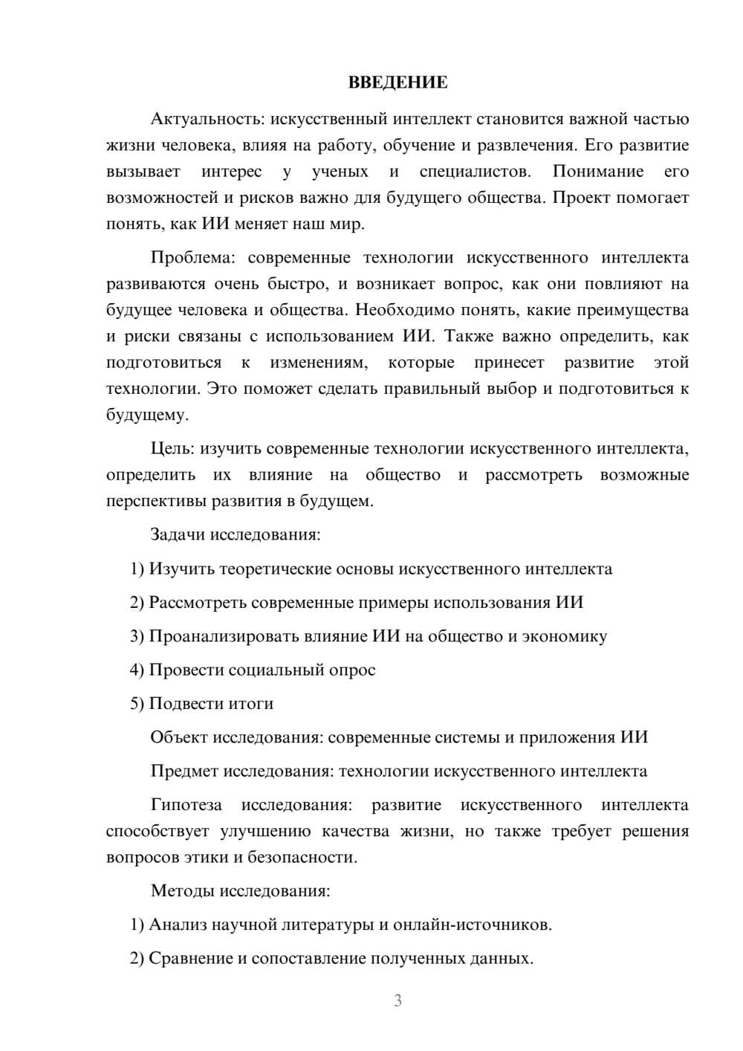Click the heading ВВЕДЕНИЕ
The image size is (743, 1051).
(x=398, y=83)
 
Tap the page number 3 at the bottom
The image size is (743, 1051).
(x=398, y=1000)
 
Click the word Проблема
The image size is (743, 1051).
(x=192, y=258)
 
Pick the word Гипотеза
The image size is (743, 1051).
(x=186, y=805)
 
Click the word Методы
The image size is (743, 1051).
(x=183, y=890)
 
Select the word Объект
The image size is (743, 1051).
(x=179, y=737)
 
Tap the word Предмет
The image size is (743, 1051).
(x=184, y=771)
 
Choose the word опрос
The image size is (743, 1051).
(x=352, y=670)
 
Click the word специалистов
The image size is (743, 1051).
(x=475, y=172)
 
